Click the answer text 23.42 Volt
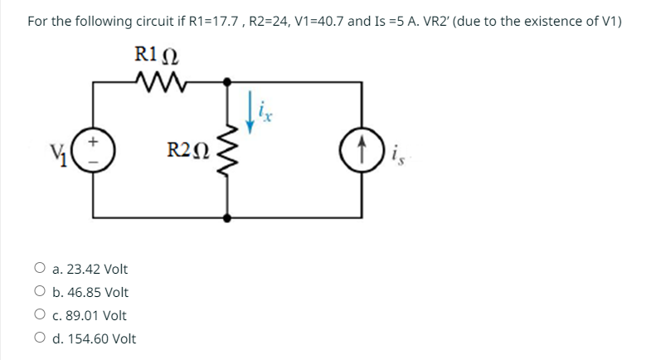(x=97, y=269)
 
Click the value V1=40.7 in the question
(x=313, y=20)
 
